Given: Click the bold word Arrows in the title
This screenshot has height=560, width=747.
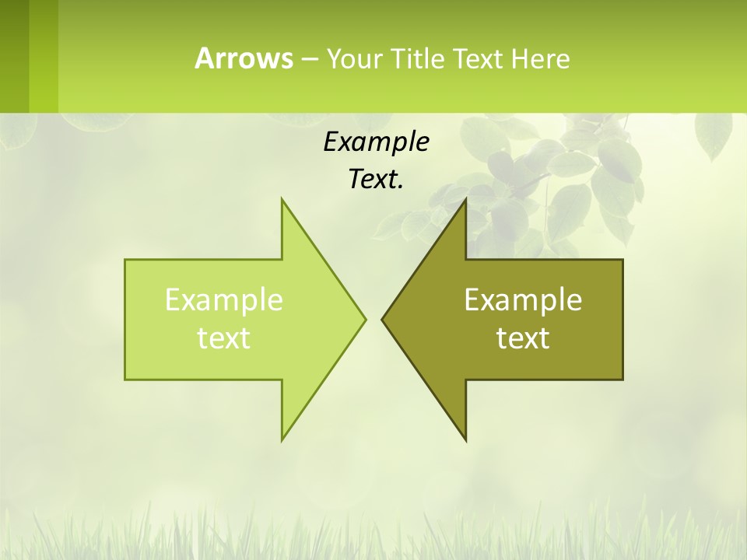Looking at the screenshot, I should [244, 58].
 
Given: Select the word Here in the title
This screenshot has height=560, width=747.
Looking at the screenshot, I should [541, 59].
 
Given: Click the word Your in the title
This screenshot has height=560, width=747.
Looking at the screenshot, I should [355, 59].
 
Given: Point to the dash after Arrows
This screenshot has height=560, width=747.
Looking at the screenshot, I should [309, 60].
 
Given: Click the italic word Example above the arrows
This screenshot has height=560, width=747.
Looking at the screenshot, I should [376, 142].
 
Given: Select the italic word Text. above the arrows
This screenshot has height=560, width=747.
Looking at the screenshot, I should [376, 179].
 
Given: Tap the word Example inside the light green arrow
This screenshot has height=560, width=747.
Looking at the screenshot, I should [224, 299].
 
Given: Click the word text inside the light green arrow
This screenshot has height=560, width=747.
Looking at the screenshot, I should [224, 338].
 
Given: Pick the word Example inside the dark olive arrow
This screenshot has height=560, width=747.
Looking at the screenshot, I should [523, 299].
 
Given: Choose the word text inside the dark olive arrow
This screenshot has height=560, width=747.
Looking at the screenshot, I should [523, 338].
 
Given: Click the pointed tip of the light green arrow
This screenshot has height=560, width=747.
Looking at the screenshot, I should [364, 319].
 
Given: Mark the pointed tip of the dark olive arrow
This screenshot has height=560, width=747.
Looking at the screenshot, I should [383, 319].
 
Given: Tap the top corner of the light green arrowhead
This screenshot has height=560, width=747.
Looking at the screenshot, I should [282, 200].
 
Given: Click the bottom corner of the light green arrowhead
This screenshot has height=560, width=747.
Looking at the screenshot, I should [282, 439].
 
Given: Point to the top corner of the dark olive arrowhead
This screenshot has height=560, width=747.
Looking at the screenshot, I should [465, 200].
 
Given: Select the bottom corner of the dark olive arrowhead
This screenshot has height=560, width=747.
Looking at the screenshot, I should [465, 439].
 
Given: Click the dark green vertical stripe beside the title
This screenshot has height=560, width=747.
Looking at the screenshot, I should [14, 56].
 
